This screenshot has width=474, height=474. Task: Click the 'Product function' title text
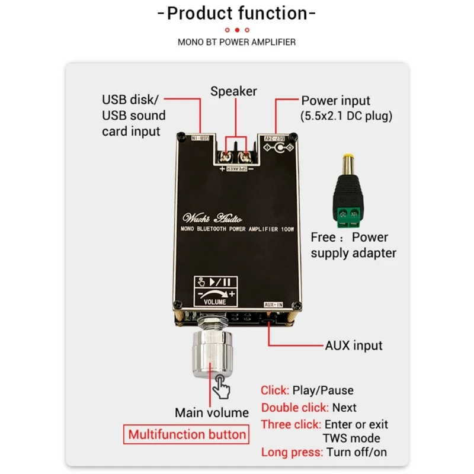click(237, 13)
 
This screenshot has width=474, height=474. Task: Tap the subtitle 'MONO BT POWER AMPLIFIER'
click(237, 42)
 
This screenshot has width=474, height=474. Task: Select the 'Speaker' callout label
click(234, 91)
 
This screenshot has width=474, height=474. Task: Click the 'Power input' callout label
click(336, 101)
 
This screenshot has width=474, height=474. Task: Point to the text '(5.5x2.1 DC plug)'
click(347, 116)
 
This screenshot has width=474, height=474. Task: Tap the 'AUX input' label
click(354, 345)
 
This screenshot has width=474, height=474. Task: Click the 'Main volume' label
click(212, 412)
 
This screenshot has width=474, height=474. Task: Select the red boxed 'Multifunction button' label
click(187, 435)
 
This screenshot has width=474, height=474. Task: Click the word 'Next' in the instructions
click(344, 408)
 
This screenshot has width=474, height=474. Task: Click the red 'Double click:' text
click(295, 408)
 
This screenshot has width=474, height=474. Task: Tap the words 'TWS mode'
click(351, 438)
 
